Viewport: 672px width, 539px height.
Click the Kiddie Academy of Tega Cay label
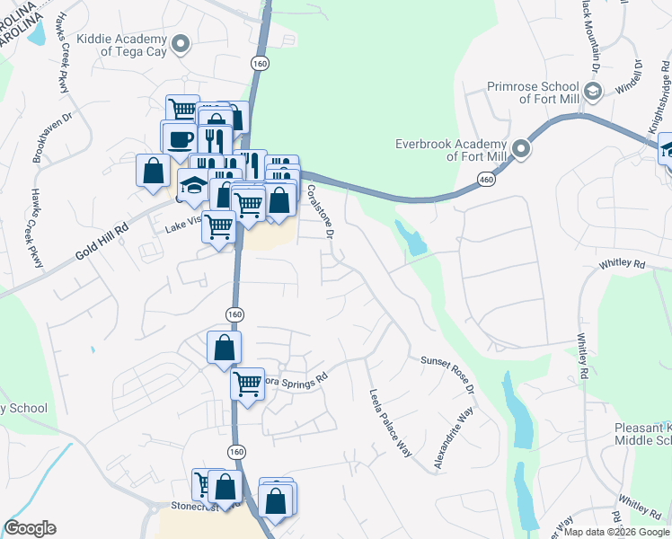(122, 45)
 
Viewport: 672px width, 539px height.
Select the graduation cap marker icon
(193, 184)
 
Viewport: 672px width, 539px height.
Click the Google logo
(30, 528)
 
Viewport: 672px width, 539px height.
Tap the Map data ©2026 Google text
(615, 532)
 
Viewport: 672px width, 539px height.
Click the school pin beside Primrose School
(592, 91)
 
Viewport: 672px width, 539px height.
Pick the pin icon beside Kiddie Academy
(181, 44)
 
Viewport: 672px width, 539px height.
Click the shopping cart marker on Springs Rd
(247, 385)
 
